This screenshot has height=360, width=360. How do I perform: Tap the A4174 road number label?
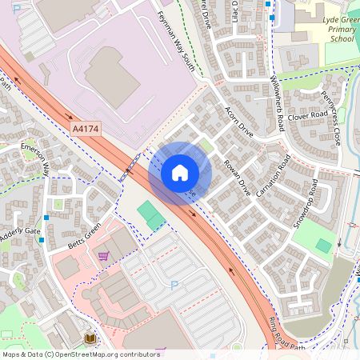86,127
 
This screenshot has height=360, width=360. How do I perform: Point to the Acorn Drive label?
239,122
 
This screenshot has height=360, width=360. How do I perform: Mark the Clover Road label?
309,116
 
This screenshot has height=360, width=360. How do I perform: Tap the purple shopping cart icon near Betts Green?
103,256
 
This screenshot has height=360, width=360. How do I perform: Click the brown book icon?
89,339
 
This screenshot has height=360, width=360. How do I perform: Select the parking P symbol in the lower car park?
174,285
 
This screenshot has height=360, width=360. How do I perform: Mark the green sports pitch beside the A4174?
150,214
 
